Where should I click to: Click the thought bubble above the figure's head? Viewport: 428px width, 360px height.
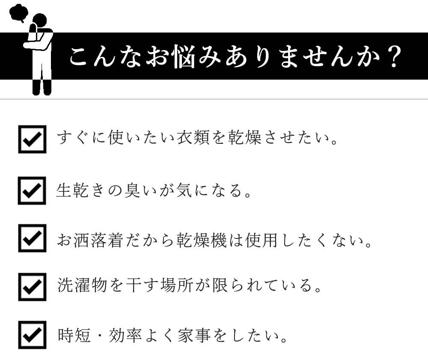point(18,13)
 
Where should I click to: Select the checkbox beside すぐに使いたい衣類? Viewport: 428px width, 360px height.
point(32,139)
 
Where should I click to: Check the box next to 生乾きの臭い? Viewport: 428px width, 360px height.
point(32,190)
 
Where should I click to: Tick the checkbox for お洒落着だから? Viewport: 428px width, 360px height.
point(32,238)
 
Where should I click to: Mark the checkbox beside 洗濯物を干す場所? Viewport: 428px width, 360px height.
point(32,286)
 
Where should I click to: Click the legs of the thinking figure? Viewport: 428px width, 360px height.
point(42,87)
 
